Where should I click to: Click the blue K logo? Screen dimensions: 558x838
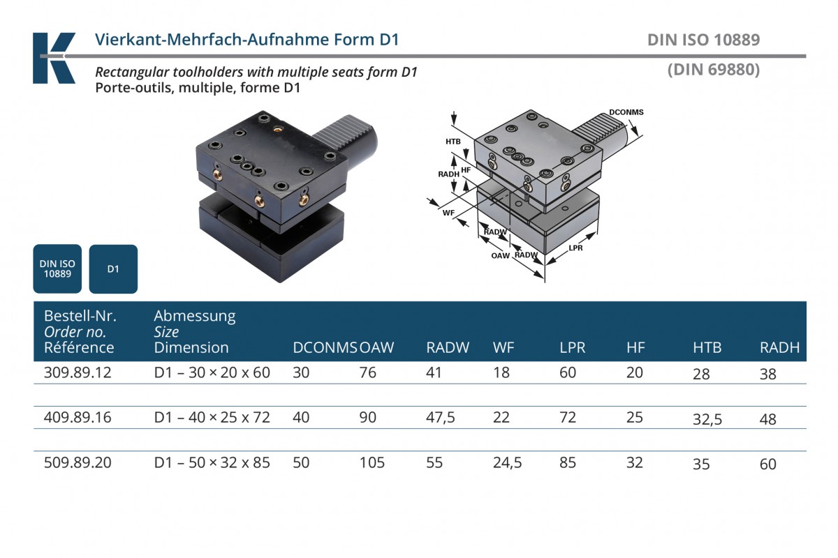point(53,57)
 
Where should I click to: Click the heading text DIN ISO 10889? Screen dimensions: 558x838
point(703,40)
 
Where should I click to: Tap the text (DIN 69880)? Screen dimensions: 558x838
point(713,70)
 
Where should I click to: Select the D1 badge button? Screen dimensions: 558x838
point(113,269)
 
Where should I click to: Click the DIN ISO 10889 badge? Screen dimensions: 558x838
point(57,269)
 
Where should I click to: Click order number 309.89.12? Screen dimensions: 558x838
point(78,372)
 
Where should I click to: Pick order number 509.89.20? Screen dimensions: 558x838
point(78,462)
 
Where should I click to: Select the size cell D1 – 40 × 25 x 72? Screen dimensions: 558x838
point(212,418)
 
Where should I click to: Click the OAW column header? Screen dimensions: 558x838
point(376,347)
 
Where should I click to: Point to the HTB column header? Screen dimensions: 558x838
point(707,347)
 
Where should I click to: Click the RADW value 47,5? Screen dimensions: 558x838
point(441,418)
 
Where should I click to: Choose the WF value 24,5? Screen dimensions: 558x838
point(508,462)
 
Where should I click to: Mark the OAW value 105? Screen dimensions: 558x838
point(372,462)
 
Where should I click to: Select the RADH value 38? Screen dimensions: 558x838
point(767,374)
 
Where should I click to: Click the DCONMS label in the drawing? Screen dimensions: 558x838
point(626,112)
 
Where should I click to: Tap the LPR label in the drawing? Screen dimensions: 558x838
point(575,248)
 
